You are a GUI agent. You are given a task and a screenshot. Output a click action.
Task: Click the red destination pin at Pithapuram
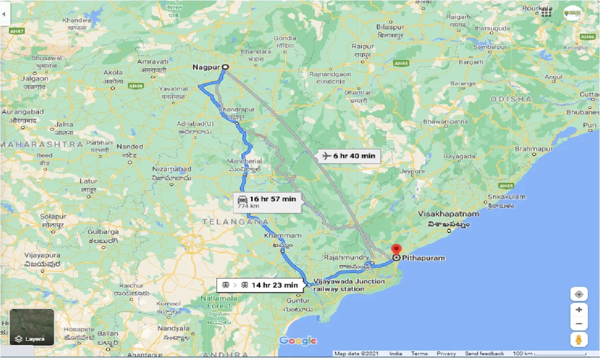click(x=397, y=249)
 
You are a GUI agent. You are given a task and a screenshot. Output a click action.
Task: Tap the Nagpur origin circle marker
click(x=225, y=67)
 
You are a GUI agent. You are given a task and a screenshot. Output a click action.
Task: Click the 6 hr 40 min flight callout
click(x=349, y=156)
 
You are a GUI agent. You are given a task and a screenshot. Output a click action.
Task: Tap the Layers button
click(x=32, y=327)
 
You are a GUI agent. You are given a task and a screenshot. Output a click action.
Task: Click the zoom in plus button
click(x=579, y=310)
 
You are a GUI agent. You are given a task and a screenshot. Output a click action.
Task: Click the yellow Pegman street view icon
click(x=579, y=340)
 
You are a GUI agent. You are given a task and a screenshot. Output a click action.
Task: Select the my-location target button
click(x=579, y=294)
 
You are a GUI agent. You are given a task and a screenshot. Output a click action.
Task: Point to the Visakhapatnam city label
click(x=449, y=214)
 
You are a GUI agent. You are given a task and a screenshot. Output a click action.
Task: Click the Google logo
click(x=298, y=341)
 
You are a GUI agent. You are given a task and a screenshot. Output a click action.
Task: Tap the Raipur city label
click(x=363, y=46)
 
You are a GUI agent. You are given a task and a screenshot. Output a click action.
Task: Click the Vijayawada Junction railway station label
click(x=349, y=285)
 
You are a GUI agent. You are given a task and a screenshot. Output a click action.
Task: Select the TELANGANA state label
click(x=235, y=221)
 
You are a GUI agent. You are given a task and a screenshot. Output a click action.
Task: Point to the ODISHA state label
click(x=511, y=99)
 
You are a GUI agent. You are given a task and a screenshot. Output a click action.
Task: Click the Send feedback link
click(x=484, y=353)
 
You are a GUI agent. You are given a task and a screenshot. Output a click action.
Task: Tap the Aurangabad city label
click(x=23, y=112)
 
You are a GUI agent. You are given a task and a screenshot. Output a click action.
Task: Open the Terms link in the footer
click(x=419, y=353)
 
